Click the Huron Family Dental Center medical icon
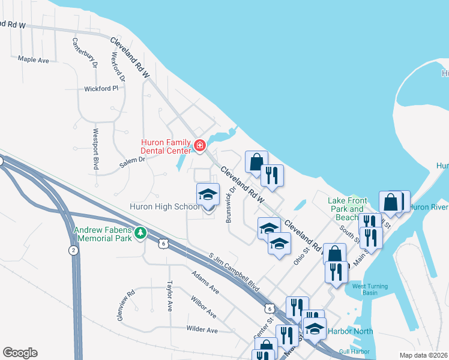(199, 145)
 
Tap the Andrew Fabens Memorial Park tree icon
(140, 232)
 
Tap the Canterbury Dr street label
(84, 54)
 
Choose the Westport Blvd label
(95, 149)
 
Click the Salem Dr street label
(132, 160)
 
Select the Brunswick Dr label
(230, 204)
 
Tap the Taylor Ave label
(170, 295)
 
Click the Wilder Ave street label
(202, 329)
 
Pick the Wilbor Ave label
(203, 305)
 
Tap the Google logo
(20, 353)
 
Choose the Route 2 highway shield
(73, 251)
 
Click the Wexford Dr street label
(118, 67)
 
